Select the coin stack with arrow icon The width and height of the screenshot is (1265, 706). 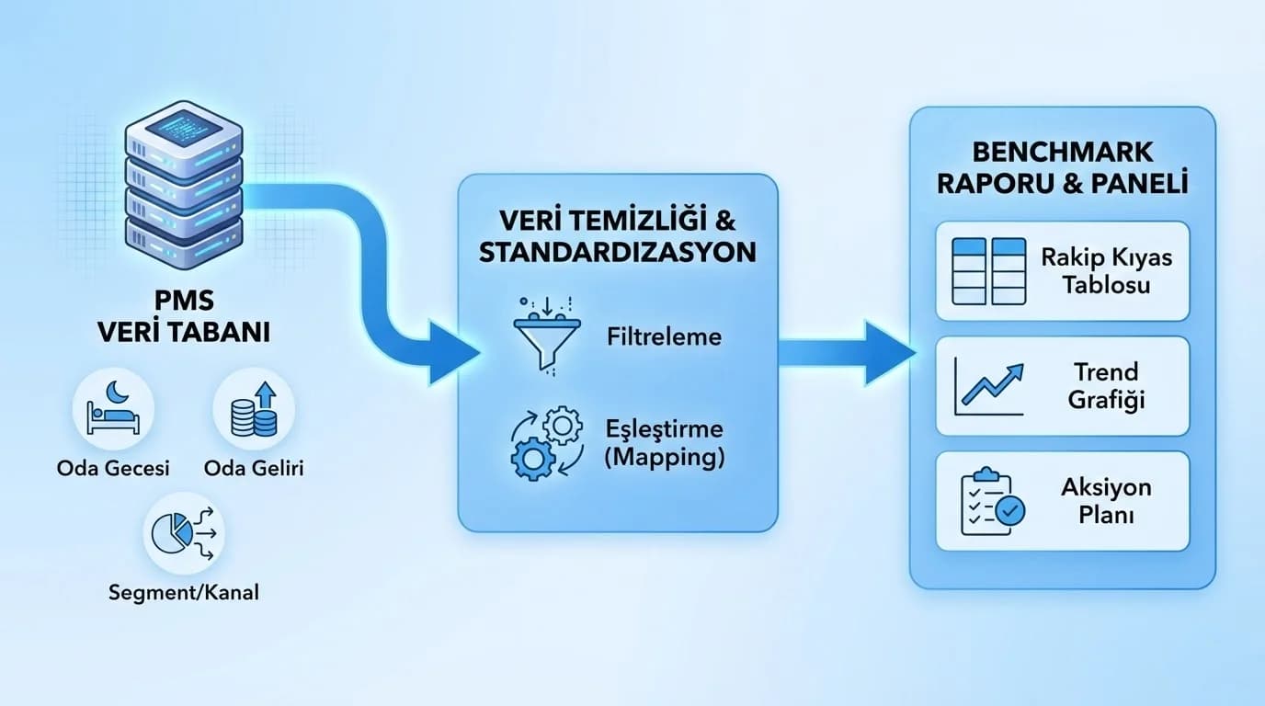pyautogui.click(x=254, y=409)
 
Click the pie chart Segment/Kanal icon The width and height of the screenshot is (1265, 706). pyautogui.click(x=183, y=533)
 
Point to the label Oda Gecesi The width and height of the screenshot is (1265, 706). pyautogui.click(x=113, y=468)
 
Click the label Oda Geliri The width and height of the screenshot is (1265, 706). pyautogui.click(x=254, y=468)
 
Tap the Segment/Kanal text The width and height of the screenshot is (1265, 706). pyautogui.click(x=183, y=592)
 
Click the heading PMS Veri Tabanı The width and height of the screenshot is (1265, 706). pyautogui.click(x=183, y=317)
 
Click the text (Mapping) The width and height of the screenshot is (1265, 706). pyautogui.click(x=664, y=457)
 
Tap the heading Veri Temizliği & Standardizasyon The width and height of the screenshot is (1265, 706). pyautogui.click(x=617, y=236)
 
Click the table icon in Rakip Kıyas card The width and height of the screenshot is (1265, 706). pyautogui.click(x=988, y=270)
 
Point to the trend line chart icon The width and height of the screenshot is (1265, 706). pyautogui.click(x=988, y=385)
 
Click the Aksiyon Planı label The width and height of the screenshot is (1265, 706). pyautogui.click(x=1106, y=501)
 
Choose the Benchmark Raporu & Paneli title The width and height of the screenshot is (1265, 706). pyautogui.click(x=1062, y=166)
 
